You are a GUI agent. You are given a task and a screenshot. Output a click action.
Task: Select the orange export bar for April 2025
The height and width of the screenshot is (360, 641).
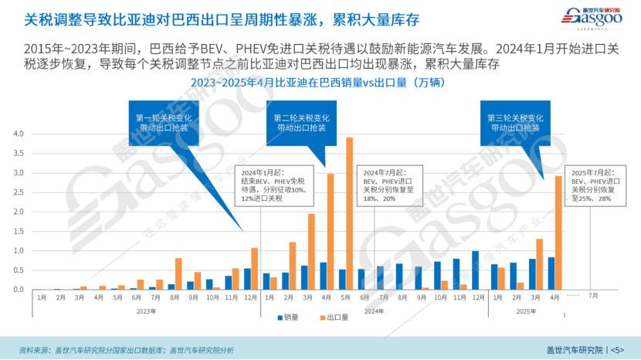pyautogui.click(x=558, y=233)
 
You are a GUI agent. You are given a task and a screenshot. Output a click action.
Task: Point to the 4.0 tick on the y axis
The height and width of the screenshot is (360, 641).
pyautogui.click(x=19, y=134)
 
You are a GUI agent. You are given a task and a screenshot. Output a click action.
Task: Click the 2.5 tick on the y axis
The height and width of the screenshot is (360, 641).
pyautogui.click(x=19, y=192)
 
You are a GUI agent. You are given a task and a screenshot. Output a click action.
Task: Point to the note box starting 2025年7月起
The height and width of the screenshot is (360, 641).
pyautogui.click(x=595, y=185)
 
